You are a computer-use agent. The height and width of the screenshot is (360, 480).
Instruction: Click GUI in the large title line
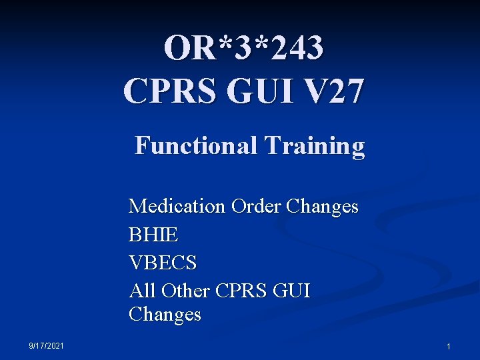coord(260,91)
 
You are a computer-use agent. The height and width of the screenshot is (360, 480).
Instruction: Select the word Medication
coord(177,206)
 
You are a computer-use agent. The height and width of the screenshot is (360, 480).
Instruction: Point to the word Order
coord(256,206)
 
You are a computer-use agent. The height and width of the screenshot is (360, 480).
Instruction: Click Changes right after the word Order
coord(322,206)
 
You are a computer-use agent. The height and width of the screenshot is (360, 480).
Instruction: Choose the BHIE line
coord(153,235)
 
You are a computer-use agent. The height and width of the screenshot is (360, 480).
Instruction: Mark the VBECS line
coord(163,263)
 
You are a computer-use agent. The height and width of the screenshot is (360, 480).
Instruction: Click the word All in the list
coord(141,291)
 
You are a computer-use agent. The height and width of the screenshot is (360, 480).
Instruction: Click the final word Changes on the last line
coord(165,315)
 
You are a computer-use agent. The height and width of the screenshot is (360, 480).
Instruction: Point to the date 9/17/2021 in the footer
coord(47,345)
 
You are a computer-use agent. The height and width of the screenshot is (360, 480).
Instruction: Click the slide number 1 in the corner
coord(448,347)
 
